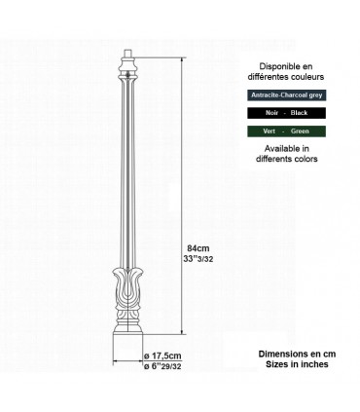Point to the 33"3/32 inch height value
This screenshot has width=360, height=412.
click(204, 259)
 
